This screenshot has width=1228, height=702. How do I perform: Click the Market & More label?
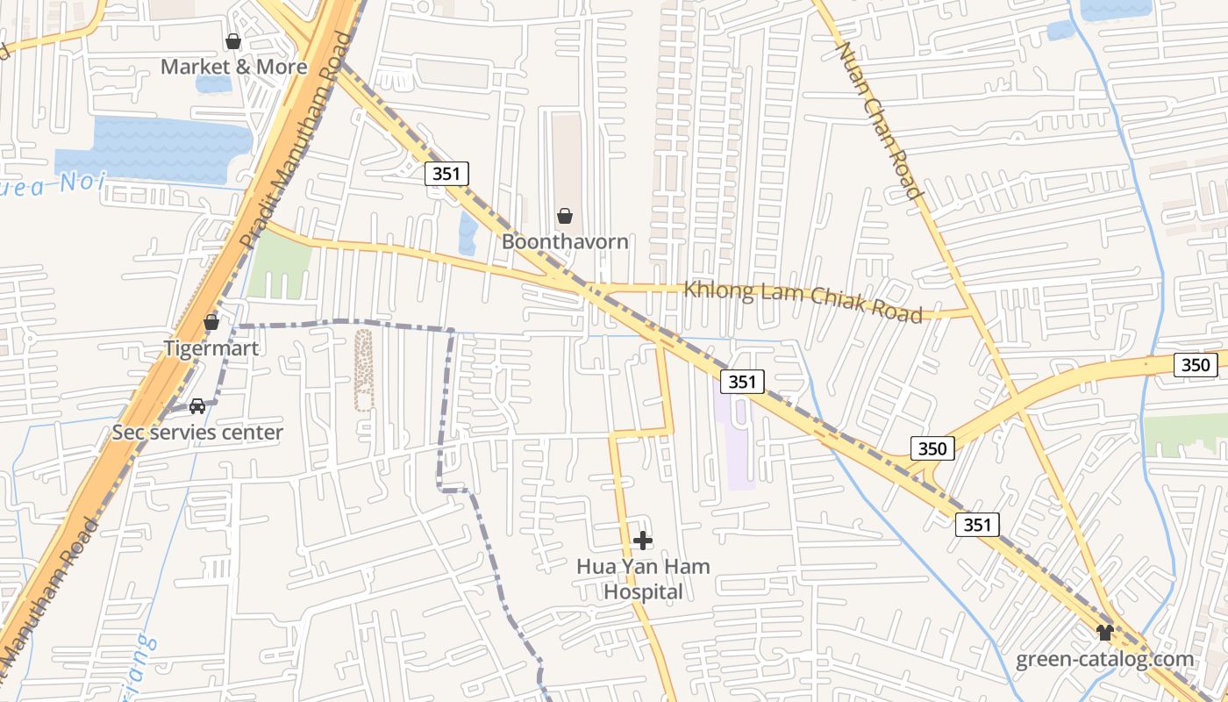pyautogui.click(x=233, y=67)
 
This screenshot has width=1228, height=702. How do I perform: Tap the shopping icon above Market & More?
pyautogui.click(x=233, y=41)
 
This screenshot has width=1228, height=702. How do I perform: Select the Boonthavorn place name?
pyautogui.click(x=565, y=241)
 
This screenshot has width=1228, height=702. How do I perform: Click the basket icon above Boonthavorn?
pyautogui.click(x=565, y=216)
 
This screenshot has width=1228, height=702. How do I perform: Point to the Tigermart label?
pyautogui.click(x=211, y=348)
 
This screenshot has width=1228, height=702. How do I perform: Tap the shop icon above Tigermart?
pyautogui.click(x=211, y=323)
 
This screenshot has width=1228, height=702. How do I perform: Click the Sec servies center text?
pyautogui.click(x=197, y=432)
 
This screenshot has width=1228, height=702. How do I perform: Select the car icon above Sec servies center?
pyautogui.click(x=197, y=406)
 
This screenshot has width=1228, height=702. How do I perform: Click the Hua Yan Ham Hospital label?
pyautogui.click(x=643, y=579)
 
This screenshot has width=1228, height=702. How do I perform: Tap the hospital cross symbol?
pyautogui.click(x=643, y=541)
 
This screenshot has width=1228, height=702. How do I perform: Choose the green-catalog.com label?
pyautogui.click(x=1104, y=659)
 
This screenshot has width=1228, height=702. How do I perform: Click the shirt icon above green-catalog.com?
pyautogui.click(x=1104, y=633)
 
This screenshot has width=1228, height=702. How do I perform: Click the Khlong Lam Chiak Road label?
pyautogui.click(x=803, y=301)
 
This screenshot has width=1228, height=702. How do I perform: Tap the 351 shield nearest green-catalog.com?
pyautogui.click(x=976, y=525)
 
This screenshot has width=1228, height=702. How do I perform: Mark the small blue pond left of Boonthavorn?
pyautogui.click(x=468, y=233)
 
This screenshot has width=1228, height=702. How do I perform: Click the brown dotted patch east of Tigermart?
pyautogui.click(x=363, y=369)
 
